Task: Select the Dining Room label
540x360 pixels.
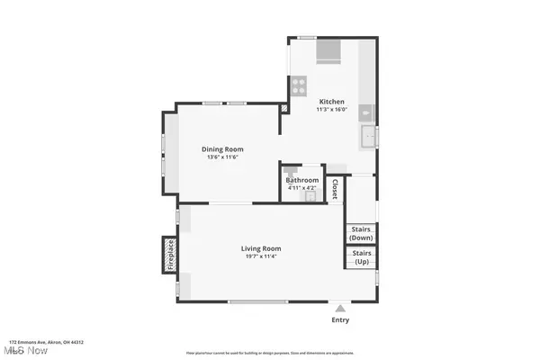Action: tap(221, 149)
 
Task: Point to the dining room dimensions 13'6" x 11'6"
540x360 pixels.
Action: tap(221, 158)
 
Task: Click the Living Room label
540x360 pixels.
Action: tap(261, 248)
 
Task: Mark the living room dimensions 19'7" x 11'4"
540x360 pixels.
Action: tap(261, 257)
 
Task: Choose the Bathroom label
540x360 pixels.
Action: tap(302, 180)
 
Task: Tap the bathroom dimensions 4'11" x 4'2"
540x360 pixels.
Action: tap(302, 188)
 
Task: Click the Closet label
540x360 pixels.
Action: tap(335, 190)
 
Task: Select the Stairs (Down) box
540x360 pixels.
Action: tap(362, 233)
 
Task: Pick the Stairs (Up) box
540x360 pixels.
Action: tap(362, 257)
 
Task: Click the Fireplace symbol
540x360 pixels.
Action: tap(169, 255)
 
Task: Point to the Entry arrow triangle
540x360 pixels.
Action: tap(340, 307)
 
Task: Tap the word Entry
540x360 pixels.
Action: tap(340, 319)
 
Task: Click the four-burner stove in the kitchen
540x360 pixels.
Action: tap(299, 85)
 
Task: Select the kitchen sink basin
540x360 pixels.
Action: tap(368, 137)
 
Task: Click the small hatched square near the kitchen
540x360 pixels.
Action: tap(285, 107)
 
